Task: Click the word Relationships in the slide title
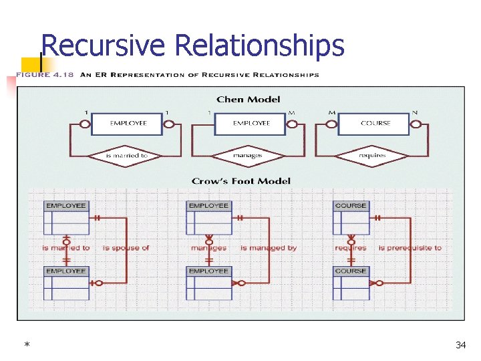coord(259,45)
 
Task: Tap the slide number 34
coord(460,345)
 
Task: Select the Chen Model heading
coord(249,100)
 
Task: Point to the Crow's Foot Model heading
coord(241,180)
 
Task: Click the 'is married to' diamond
coord(127,156)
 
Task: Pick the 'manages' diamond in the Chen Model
coord(248,156)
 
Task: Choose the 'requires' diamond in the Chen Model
coord(371,156)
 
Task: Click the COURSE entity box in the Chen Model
coord(375,124)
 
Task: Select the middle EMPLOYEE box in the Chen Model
coord(251,124)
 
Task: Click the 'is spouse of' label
coord(126,248)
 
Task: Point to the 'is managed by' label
coord(269,248)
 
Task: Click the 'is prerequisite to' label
coord(410,248)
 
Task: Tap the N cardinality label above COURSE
coord(415,112)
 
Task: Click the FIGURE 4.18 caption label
coord(43,75)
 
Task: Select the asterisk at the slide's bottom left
coord(26,346)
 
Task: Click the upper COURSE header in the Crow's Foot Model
coord(351,206)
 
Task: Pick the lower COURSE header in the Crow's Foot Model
coord(351,271)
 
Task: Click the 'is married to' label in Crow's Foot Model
coord(66,248)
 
